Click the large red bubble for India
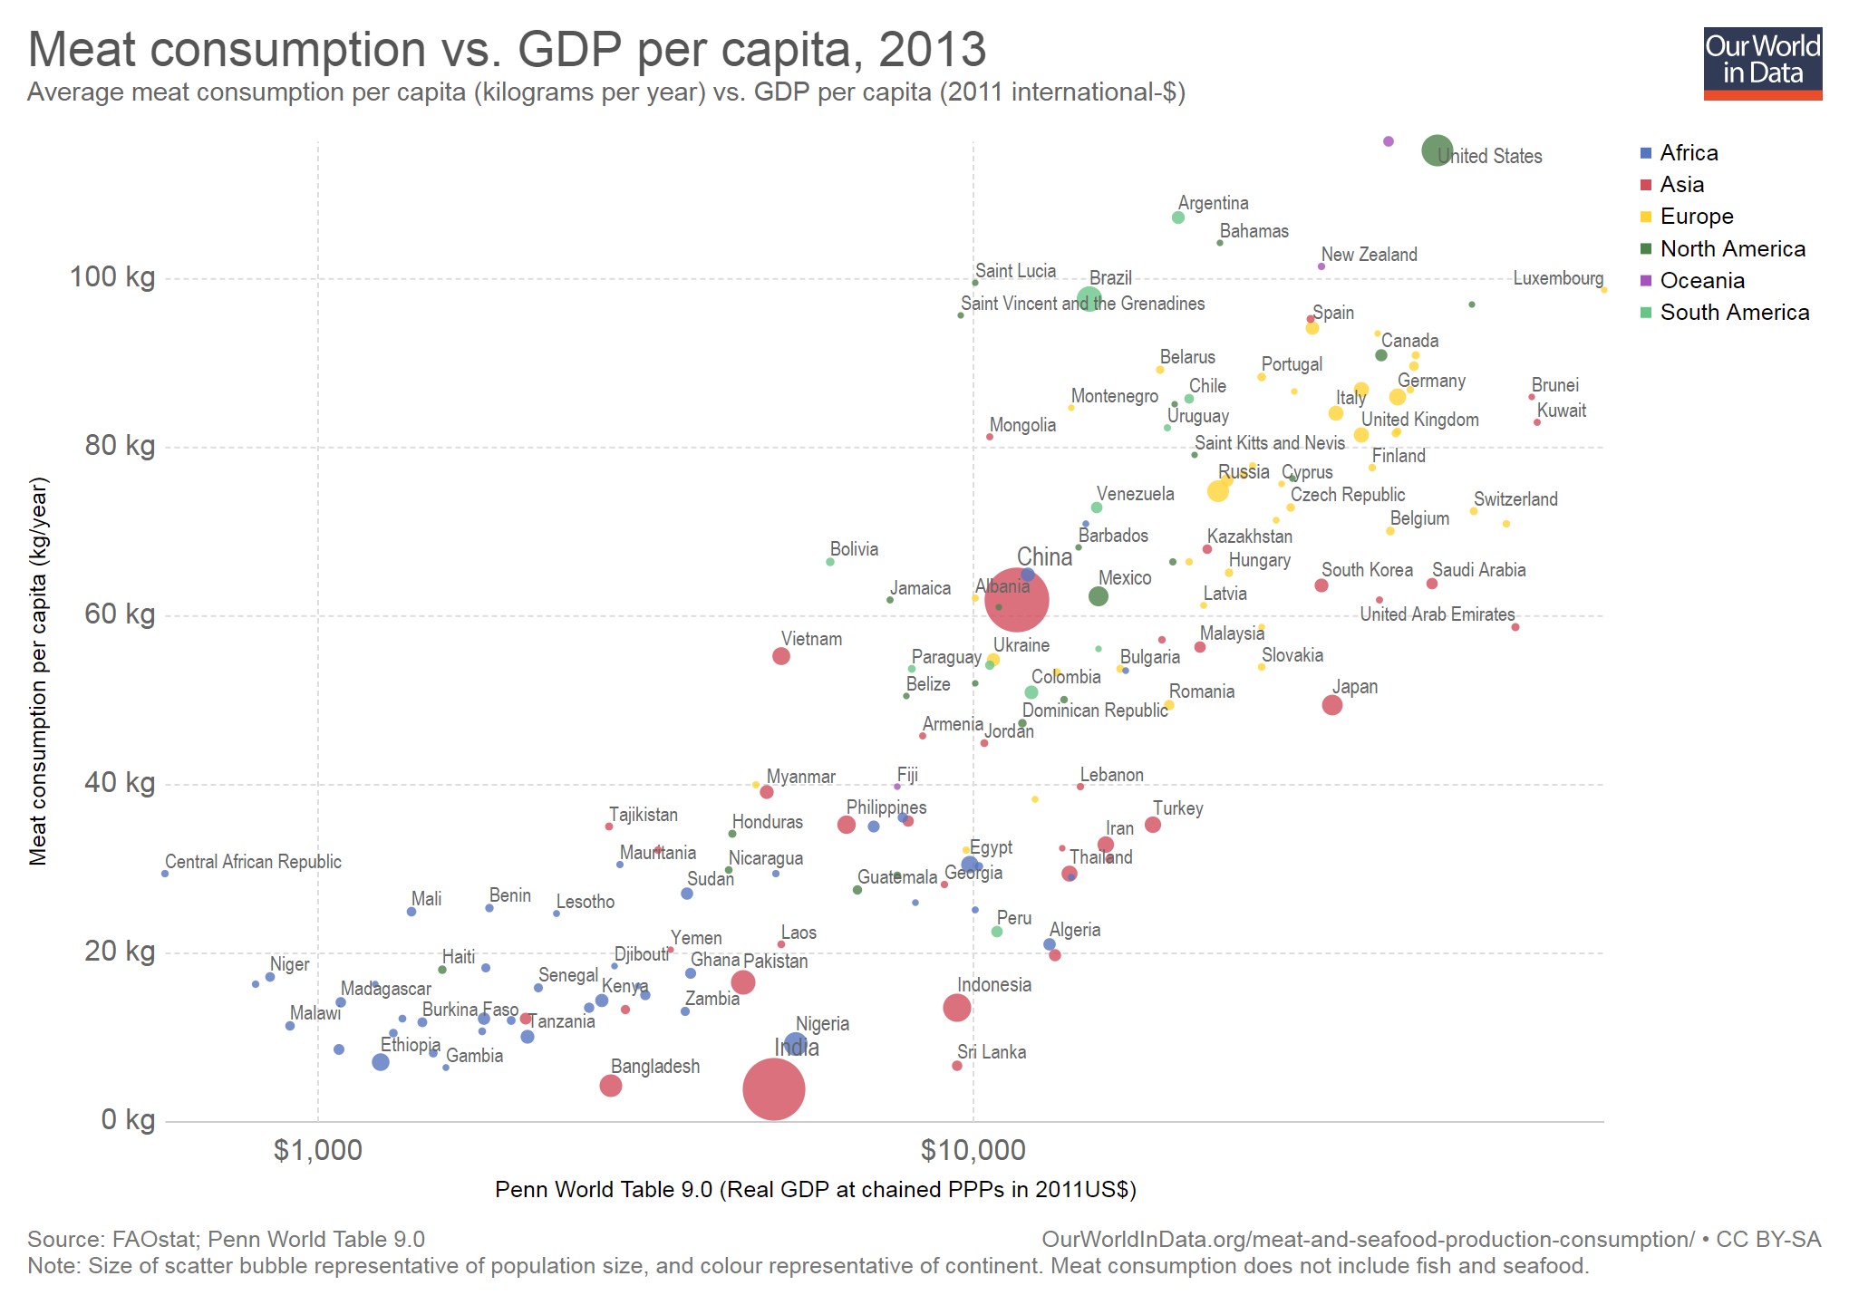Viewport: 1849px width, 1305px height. coord(773,1088)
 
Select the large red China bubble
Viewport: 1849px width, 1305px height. coord(1016,600)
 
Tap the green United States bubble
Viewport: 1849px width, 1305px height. coord(1437,150)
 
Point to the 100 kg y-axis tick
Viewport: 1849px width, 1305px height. coord(112,277)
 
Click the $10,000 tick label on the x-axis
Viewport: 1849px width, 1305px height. coord(973,1151)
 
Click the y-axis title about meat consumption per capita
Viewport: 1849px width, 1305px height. coord(38,671)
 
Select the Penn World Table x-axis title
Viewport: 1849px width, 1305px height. coord(815,1190)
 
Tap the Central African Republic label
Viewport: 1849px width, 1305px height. coord(253,862)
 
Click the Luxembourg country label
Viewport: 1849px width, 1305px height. coord(1557,278)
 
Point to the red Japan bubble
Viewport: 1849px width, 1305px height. coord(1331,705)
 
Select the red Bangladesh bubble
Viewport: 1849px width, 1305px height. coord(610,1086)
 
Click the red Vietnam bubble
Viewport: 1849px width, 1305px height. coord(780,656)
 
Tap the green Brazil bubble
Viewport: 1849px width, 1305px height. coord(1089,299)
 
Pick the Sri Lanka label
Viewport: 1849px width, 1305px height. coord(992,1052)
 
